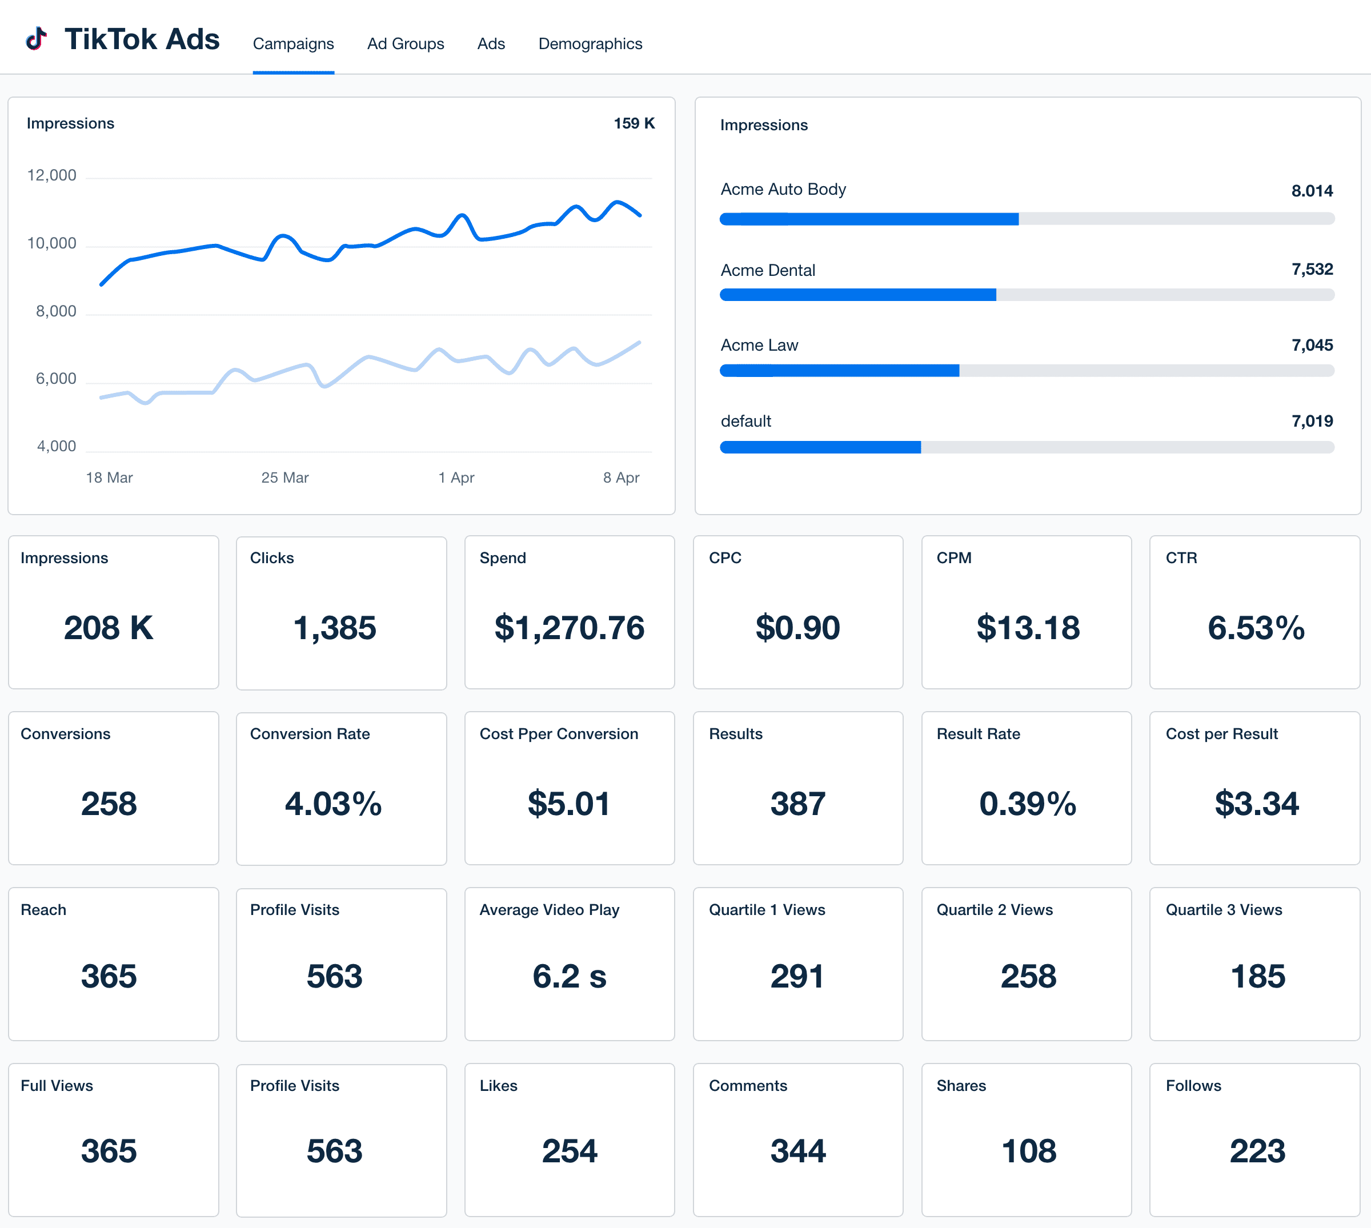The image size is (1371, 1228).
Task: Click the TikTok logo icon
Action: pos(37,39)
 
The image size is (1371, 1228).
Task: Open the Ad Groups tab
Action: pos(406,44)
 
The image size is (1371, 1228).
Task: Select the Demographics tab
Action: pos(590,44)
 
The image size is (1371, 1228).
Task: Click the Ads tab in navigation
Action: pos(491,44)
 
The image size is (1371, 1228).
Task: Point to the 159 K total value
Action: pos(634,123)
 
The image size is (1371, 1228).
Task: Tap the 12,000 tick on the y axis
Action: pos(51,175)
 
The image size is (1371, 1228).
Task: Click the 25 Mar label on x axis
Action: pos(284,477)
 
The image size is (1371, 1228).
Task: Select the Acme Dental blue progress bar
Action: pos(857,295)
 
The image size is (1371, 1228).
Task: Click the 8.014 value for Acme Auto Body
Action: pos(1311,191)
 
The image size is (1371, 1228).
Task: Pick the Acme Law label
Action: pos(759,346)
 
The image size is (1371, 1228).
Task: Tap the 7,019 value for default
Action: pos(1312,422)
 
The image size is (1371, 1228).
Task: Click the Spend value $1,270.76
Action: pos(570,628)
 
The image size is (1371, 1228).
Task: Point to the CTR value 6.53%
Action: pos(1256,628)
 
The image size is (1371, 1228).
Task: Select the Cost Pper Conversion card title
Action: pos(559,734)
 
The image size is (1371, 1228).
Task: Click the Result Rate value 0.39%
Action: pos(1028,804)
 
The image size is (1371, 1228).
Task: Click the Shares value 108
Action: pos(1028,1151)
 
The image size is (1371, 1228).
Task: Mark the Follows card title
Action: pos(1193,1086)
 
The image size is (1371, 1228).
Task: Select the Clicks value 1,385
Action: pos(335,628)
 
